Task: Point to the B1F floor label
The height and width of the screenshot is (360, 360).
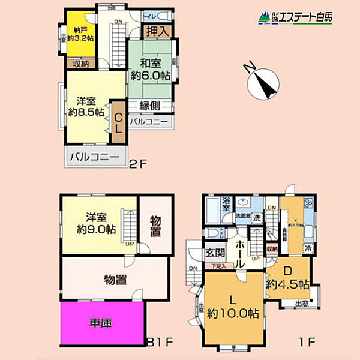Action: point(161,343)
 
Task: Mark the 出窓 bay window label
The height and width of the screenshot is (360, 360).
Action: point(303,304)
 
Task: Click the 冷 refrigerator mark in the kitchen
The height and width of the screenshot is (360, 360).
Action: point(307,248)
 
